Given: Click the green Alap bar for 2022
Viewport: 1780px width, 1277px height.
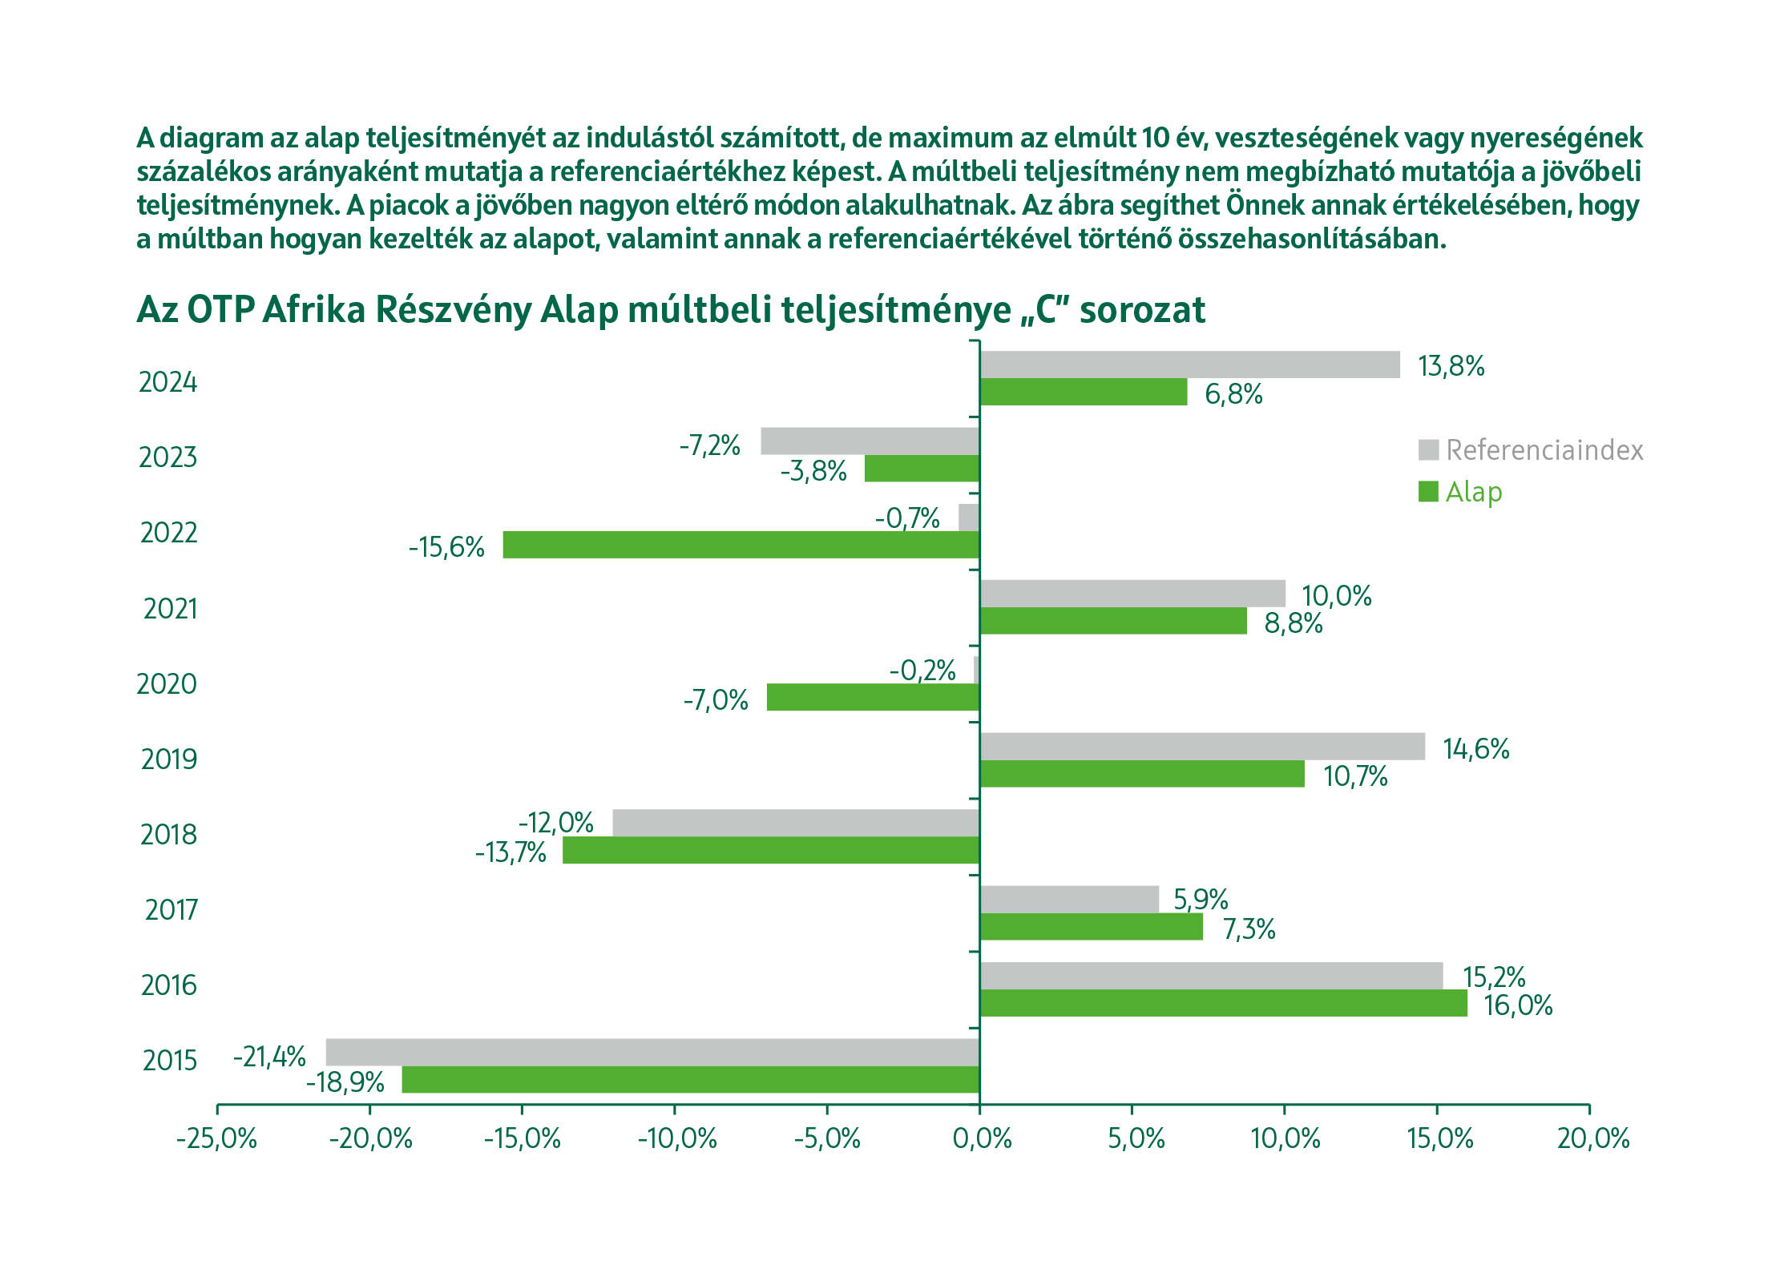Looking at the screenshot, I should pos(741,545).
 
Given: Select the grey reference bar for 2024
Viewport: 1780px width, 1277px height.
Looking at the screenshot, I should pos(1189,365).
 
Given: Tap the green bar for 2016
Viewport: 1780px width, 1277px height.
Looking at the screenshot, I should pos(1223,1003).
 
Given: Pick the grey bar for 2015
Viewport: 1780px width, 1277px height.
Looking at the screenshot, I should pos(652,1052).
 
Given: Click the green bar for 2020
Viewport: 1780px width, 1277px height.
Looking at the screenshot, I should pos(873,697).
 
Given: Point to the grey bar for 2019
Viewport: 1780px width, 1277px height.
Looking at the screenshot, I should pos(1202,747).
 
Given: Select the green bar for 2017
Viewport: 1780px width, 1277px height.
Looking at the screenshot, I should pos(1091,927).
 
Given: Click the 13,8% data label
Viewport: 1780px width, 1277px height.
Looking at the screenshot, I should pos(1451,366).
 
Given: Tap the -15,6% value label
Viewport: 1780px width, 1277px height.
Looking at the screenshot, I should pos(446,547).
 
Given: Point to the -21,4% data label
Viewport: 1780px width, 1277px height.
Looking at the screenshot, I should pos(269,1057).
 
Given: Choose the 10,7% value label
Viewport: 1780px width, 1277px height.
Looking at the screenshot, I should pos(1355,776).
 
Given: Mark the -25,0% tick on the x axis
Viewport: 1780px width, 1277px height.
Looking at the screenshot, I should pos(216,1138).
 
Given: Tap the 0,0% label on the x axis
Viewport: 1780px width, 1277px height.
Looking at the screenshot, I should pos(982,1138).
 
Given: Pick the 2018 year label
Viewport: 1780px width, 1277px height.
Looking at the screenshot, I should pos(168,835).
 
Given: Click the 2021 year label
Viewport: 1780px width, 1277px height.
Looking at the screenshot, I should pos(170,609).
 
